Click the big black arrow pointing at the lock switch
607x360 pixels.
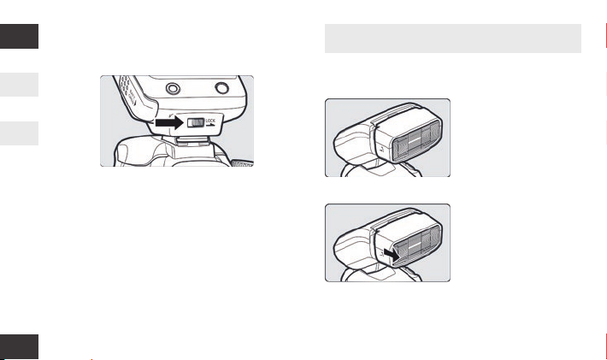(x=169, y=123)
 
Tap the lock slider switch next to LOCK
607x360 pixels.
(x=196, y=123)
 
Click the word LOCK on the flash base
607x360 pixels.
(x=210, y=121)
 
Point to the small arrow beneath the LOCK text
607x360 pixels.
(x=211, y=125)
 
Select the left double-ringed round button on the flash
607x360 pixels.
(x=173, y=89)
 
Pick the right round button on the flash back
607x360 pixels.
(x=221, y=88)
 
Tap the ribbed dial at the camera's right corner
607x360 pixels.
(x=242, y=163)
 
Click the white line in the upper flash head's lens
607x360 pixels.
(x=415, y=139)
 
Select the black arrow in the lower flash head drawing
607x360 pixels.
(x=392, y=255)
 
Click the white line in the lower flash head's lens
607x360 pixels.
(x=415, y=245)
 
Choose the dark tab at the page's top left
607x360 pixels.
(x=19, y=37)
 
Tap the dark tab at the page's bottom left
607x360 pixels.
(x=19, y=347)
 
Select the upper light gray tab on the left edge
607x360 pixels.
(x=19, y=85)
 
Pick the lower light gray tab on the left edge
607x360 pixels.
(x=19, y=133)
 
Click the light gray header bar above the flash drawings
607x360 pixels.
(x=453, y=38)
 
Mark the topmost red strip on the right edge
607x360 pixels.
(x=606, y=37)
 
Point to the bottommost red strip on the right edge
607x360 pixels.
(x=606, y=347)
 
